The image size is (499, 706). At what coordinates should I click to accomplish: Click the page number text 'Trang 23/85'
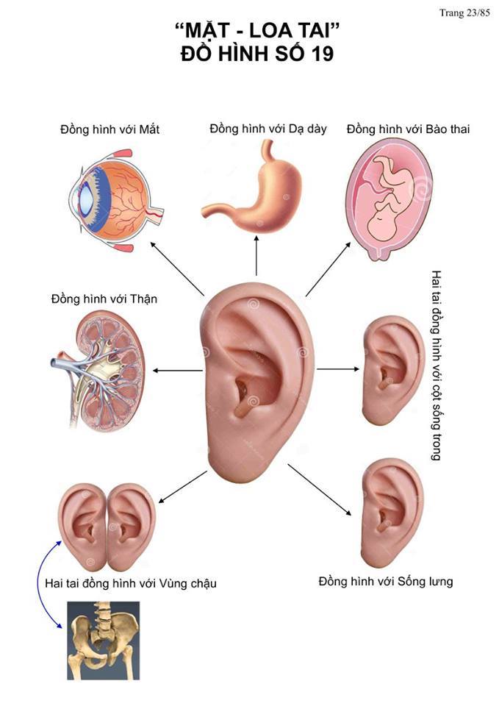tap(464, 13)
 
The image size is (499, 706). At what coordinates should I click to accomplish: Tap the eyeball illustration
tap(116, 200)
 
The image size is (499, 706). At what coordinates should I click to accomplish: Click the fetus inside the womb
tap(388, 197)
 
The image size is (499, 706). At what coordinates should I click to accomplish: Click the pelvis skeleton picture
tap(104, 641)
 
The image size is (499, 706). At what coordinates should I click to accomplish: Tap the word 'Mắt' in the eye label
tap(149, 129)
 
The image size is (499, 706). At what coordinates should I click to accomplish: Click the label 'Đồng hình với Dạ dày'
tap(268, 129)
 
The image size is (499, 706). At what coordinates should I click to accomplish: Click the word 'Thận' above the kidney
tap(143, 299)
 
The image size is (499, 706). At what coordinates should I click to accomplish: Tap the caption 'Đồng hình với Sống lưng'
tap(386, 581)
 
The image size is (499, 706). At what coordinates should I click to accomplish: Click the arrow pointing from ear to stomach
tap(256, 255)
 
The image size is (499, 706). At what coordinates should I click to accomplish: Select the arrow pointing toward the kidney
tap(178, 371)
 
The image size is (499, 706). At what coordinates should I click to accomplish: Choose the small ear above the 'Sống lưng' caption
tap(392, 513)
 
